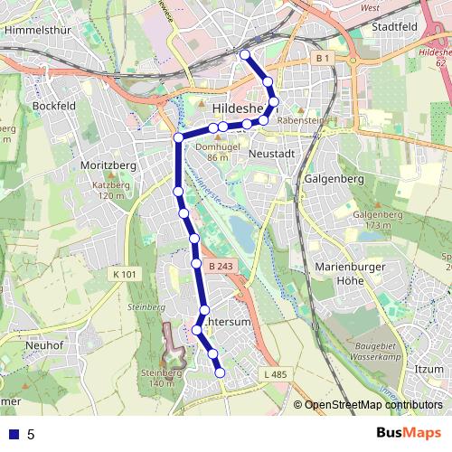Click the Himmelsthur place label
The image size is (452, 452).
(38, 29)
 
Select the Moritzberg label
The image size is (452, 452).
(107, 166)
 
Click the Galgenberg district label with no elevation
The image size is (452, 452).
(334, 179)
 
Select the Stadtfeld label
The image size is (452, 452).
(396, 28)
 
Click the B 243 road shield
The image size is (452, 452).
(221, 266)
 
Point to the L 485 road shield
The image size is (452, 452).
(276, 374)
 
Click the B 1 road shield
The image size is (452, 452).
(324, 59)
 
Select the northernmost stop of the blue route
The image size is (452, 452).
(243, 55)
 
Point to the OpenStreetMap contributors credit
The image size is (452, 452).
(372, 406)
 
